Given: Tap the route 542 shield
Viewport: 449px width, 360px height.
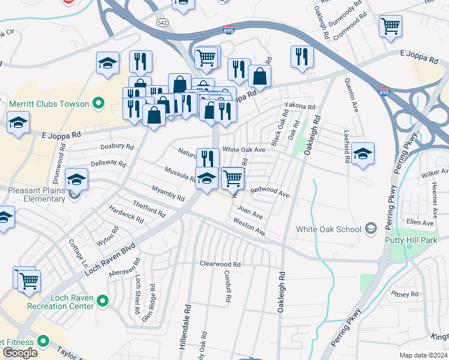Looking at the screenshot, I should pyautogui.click(x=163, y=23).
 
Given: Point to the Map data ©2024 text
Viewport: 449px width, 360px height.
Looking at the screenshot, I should pyautogui.click(x=423, y=355).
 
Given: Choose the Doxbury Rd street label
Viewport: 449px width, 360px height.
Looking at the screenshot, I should pyautogui.click(x=117, y=146).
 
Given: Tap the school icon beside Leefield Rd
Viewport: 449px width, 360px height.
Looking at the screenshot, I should pyautogui.click(x=363, y=154).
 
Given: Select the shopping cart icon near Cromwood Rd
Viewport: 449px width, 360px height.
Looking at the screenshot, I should pyautogui.click(x=390, y=25).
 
